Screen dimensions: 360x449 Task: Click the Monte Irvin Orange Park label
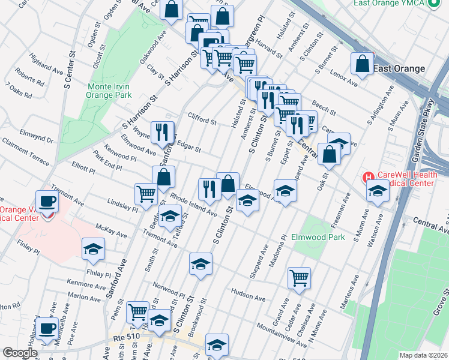point(108,91)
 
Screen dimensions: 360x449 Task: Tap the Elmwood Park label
point(318,237)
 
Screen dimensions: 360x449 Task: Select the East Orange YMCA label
point(387,3)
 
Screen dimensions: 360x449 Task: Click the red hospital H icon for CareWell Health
point(367,178)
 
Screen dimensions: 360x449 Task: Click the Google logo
point(20,352)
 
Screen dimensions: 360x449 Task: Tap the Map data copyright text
point(423,355)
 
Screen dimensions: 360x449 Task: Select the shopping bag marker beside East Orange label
point(363,64)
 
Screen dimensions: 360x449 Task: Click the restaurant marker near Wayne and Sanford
point(161,133)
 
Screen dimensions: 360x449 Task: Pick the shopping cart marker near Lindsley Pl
point(146,194)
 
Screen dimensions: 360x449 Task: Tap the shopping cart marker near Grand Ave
point(298,278)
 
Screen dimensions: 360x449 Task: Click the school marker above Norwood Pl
point(200,264)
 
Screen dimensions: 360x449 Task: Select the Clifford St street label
point(202,121)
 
